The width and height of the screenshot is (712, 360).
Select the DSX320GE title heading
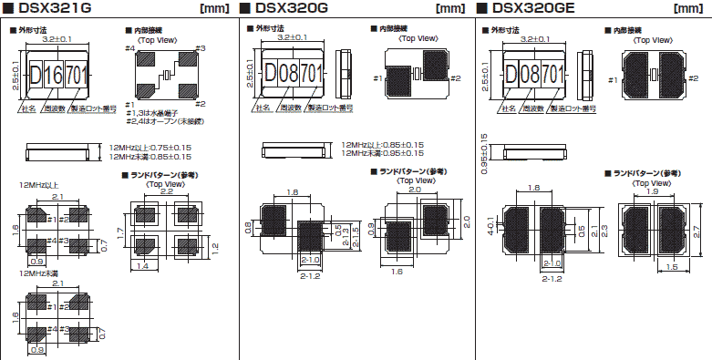[x=533, y=9]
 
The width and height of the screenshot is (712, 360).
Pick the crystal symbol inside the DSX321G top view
[x=168, y=74]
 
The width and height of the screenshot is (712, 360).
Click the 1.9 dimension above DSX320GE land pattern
[x=653, y=192]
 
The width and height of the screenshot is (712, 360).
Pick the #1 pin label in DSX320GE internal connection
[x=607, y=81]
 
